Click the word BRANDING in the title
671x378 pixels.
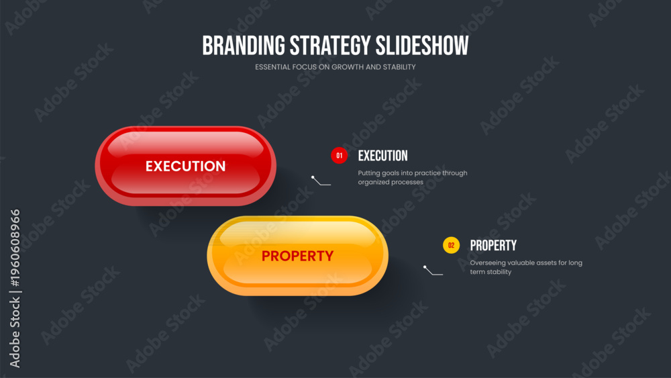coord(244,46)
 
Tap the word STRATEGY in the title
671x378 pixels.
coord(330,46)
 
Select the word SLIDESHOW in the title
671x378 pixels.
coord(422,46)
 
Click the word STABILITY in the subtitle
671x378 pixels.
coord(399,66)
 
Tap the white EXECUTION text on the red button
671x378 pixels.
coord(185,166)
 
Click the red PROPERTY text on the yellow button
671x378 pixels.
coord(297,256)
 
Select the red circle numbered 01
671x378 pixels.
coord(340,155)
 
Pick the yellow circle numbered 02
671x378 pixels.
coord(451,245)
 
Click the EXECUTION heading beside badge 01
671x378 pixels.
coord(383,156)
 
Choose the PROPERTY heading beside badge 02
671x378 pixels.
coord(493,246)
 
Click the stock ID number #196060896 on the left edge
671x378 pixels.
coord(15,248)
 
